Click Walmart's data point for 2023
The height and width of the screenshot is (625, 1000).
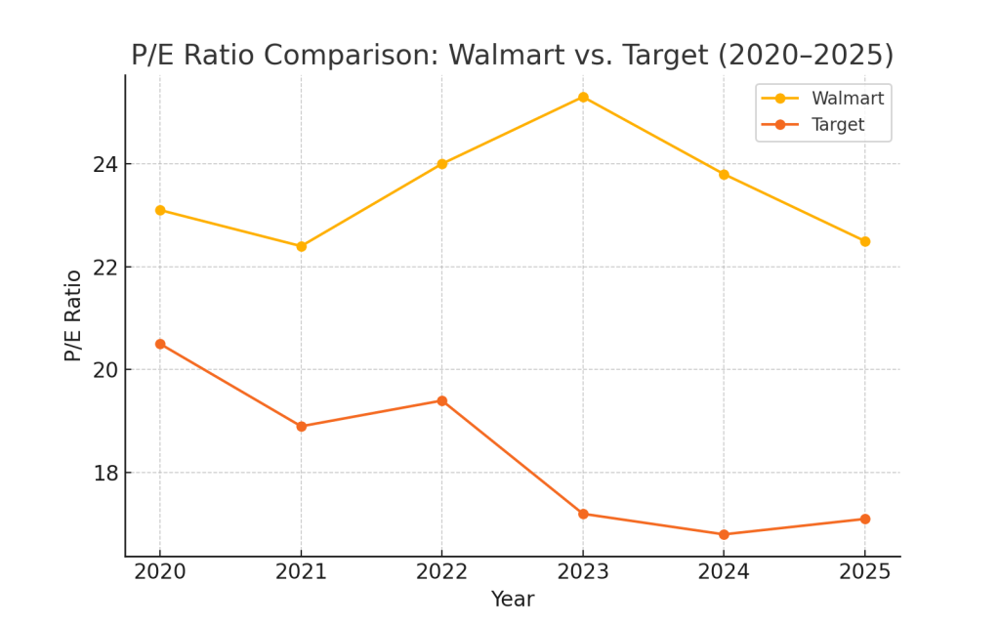point(583,97)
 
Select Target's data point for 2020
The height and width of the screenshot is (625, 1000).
point(160,344)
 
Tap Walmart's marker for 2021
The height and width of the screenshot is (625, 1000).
point(301,246)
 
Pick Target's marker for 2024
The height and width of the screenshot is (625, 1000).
point(724,534)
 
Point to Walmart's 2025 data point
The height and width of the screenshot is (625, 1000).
point(864,241)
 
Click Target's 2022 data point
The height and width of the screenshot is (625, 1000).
point(441,400)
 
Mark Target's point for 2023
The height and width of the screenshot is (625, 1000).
point(583,514)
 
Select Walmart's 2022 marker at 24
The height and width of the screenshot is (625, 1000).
point(441,164)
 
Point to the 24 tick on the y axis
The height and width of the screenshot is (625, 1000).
point(104,164)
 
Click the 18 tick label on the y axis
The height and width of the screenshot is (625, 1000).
point(104,474)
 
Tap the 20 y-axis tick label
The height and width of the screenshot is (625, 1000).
point(104,370)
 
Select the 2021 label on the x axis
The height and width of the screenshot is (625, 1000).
point(301,572)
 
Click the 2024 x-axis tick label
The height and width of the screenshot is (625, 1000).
point(724,572)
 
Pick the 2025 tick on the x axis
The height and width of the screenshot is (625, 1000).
point(864,572)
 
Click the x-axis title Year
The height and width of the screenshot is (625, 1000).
point(512,600)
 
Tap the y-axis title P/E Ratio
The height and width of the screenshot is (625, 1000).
point(73,315)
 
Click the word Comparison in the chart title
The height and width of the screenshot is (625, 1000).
point(338,56)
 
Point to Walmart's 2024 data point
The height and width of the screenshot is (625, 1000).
point(724,175)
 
